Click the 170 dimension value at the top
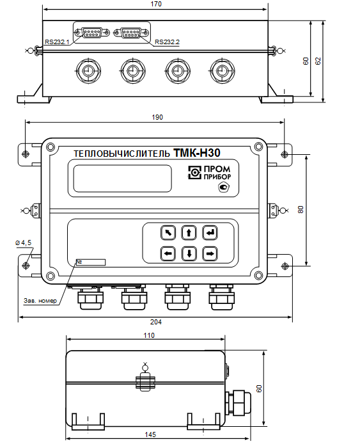[x=156, y=4]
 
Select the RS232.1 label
[x=57, y=42]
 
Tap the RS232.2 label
[x=167, y=42]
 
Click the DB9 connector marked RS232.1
[x=92, y=33]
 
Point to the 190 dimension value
[x=157, y=117]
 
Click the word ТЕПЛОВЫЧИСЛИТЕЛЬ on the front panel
[x=121, y=154]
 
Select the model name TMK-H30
[x=196, y=153]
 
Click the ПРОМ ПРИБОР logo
[x=209, y=173]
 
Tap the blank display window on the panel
[x=123, y=179]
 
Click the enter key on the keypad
[x=210, y=233]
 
